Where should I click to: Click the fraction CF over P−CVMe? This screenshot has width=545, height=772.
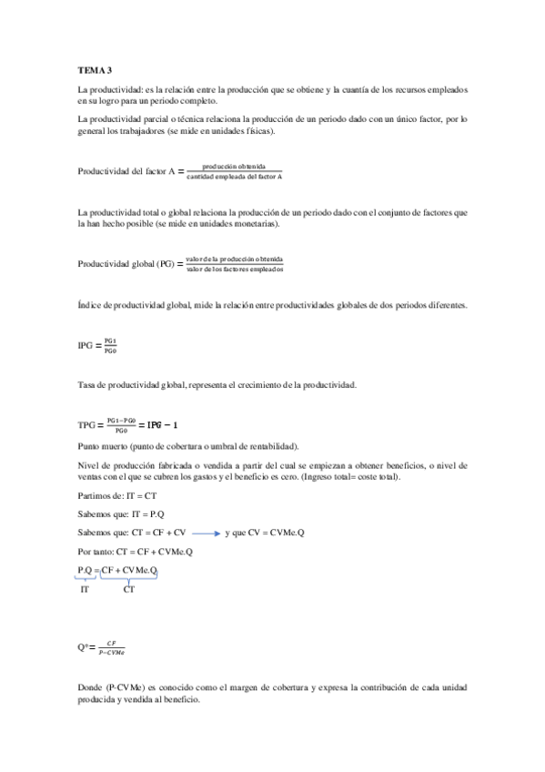point(112,648)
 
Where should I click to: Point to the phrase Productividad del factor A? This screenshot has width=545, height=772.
point(120,172)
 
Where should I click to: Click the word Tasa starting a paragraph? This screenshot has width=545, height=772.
point(87,386)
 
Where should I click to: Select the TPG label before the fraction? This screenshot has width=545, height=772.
point(87,425)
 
